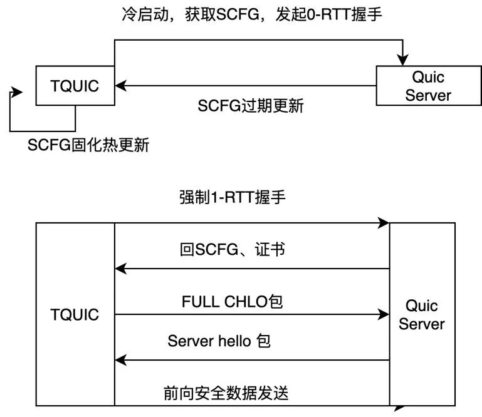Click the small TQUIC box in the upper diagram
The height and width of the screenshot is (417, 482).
(x=75, y=85)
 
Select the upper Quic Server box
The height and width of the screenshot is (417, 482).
(x=428, y=86)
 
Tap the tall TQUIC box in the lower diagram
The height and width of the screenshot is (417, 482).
(x=75, y=314)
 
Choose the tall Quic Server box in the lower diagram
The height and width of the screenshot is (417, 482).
(x=422, y=315)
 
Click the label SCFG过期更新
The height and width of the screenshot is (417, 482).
(x=250, y=106)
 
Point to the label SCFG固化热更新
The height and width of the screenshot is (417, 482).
(x=88, y=145)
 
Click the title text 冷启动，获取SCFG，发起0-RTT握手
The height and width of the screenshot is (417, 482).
(x=251, y=15)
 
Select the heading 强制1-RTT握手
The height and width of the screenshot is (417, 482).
(x=233, y=198)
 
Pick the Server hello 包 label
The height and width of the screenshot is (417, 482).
(x=219, y=341)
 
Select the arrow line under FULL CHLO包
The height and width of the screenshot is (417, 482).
(x=251, y=315)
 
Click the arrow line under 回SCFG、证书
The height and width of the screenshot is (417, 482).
(x=251, y=269)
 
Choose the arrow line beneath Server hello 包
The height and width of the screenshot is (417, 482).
(x=251, y=360)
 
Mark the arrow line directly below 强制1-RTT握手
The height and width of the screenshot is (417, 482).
(x=251, y=223)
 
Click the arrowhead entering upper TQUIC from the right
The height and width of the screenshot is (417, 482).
(x=121, y=86)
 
